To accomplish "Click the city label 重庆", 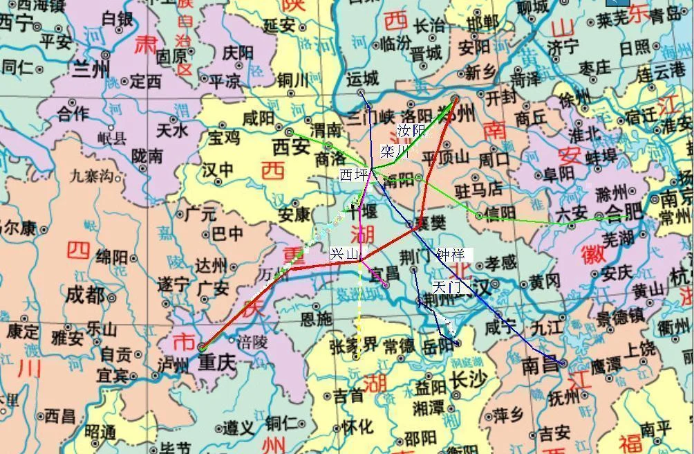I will click(x=218, y=361).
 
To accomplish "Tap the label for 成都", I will click(x=87, y=296).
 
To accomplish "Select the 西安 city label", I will click(x=290, y=146).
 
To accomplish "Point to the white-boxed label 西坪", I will click(x=355, y=175).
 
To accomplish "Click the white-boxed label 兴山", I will click(x=344, y=255).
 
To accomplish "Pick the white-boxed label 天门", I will click(x=448, y=285).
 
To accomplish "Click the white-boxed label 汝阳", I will click(x=411, y=129).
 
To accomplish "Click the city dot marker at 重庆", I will click(x=202, y=347).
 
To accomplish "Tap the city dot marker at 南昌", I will click(x=563, y=362).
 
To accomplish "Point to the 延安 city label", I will click(x=280, y=26).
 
